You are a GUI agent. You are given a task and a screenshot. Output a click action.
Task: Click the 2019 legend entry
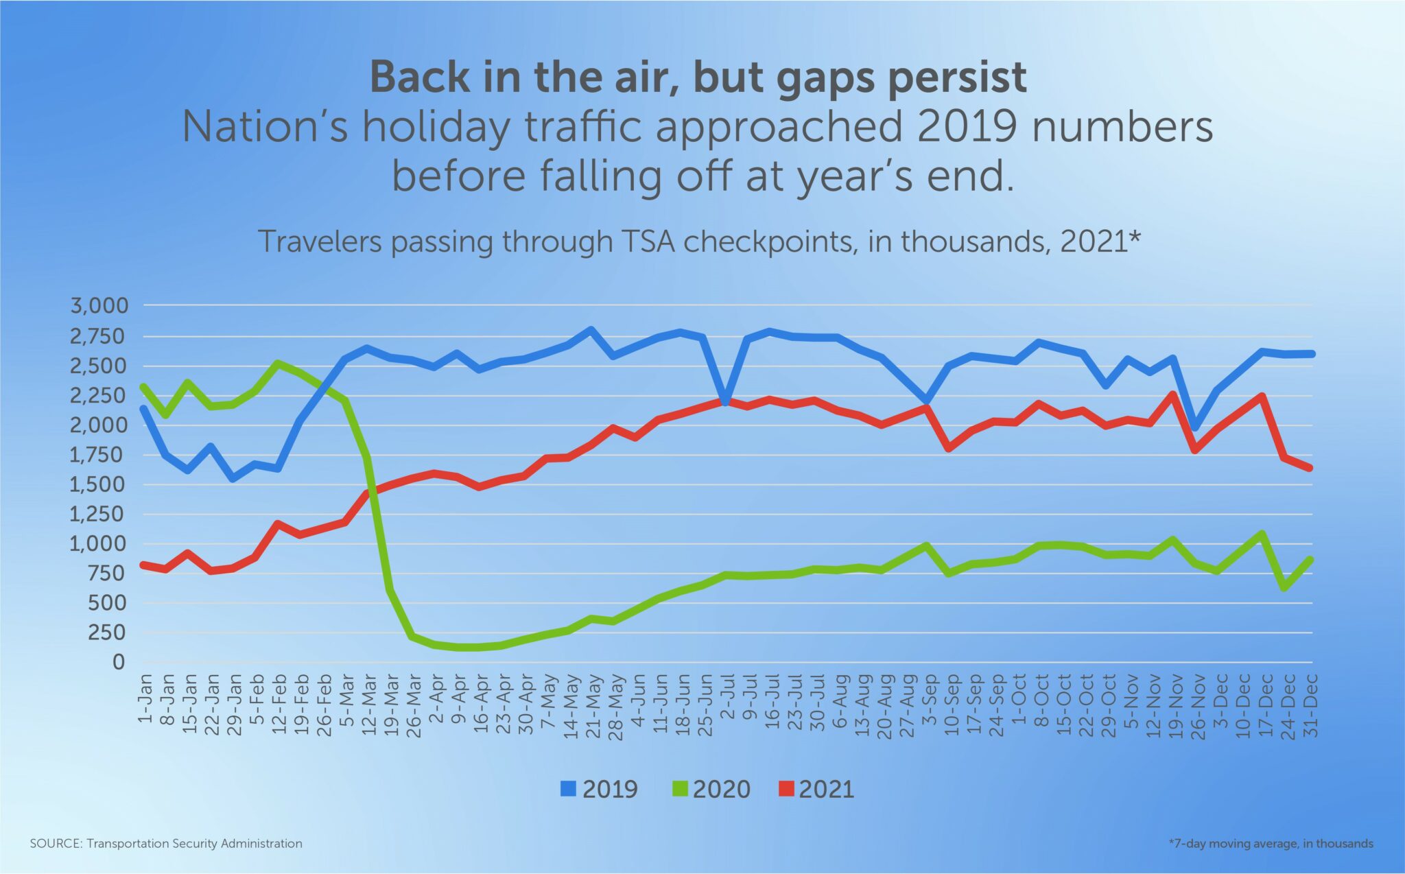(x=599, y=789)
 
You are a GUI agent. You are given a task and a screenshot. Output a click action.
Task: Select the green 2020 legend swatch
(x=677, y=789)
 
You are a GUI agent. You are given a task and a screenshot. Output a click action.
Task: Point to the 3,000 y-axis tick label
(x=99, y=305)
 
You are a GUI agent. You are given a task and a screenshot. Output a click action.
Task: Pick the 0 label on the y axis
(x=119, y=662)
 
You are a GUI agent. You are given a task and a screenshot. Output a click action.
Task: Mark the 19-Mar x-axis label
(x=391, y=704)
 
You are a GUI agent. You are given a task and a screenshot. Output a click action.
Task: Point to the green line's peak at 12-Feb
(x=277, y=363)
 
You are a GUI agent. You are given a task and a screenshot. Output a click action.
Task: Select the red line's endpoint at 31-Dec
(x=1310, y=468)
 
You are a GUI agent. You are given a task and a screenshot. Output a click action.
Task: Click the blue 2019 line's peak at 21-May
(x=591, y=330)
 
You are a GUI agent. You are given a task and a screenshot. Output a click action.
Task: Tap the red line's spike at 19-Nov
(x=1174, y=394)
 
